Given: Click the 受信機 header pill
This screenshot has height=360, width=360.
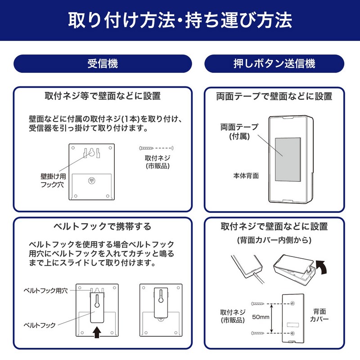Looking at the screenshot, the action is [x=103, y=63].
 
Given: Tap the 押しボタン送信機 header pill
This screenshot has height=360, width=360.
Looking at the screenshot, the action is [x=274, y=63].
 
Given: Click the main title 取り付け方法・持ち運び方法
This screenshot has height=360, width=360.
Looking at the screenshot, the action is [x=180, y=20].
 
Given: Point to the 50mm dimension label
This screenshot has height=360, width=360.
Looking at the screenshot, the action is [x=261, y=317].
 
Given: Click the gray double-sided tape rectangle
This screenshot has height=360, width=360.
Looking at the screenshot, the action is [x=288, y=160].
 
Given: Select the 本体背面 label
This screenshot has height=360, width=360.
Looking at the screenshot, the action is [x=246, y=176].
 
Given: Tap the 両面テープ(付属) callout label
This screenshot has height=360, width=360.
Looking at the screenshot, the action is [x=239, y=131].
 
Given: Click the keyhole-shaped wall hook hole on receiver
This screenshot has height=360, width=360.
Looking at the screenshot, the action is [x=92, y=152].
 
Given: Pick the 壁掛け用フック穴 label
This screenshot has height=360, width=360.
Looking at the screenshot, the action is [x=53, y=180].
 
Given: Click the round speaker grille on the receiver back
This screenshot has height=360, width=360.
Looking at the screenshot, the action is [x=92, y=181].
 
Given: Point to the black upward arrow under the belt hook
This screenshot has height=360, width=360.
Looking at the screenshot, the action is [x=97, y=332].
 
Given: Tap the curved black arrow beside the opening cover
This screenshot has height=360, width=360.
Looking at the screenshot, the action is [x=321, y=267].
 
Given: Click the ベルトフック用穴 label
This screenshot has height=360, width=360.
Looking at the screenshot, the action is [x=46, y=291].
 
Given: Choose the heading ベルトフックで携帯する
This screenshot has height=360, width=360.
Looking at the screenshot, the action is [x=103, y=227].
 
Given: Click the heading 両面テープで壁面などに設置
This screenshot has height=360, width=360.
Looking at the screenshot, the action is [x=274, y=96].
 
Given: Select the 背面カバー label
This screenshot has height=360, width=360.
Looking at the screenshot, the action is [x=319, y=315].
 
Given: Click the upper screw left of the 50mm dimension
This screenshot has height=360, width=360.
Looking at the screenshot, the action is [x=257, y=303].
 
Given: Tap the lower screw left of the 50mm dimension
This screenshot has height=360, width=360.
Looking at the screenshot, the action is [x=257, y=333].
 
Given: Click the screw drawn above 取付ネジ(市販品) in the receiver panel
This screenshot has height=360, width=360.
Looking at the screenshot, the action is [x=146, y=148].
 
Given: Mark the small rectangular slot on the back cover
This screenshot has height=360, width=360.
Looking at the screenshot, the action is [x=293, y=325].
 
